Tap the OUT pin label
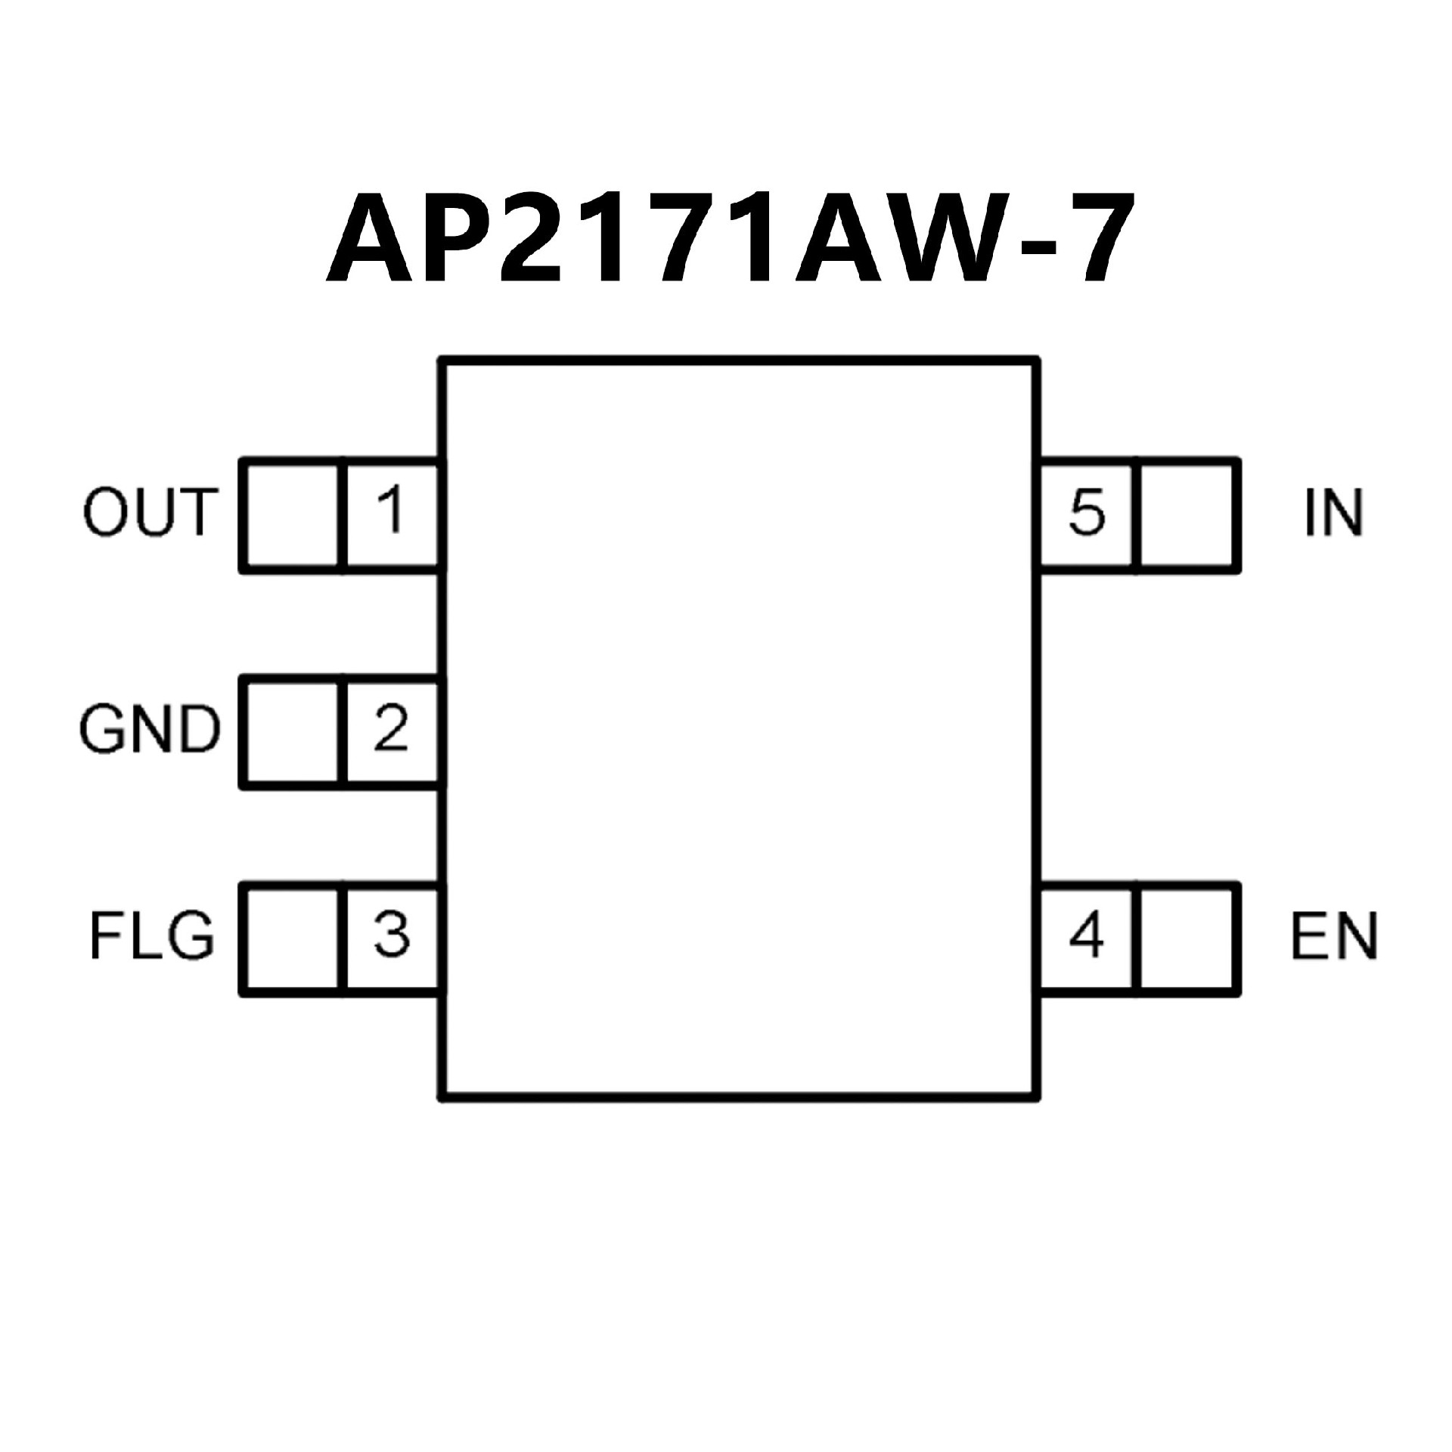tap(150, 513)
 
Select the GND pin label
tap(149, 731)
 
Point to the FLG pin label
tap(152, 937)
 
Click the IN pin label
tap(1334, 513)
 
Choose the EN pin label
tap(1334, 937)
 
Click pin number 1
tap(392, 511)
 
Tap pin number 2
tap(391, 729)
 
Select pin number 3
tap(392, 935)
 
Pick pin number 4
tap(1086, 936)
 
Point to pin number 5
tap(1087, 513)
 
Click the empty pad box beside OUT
tap(291, 514)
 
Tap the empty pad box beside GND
tap(291, 731)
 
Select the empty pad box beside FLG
tap(291, 938)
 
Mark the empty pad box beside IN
tap(1187, 514)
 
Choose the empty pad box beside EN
tap(1187, 938)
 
